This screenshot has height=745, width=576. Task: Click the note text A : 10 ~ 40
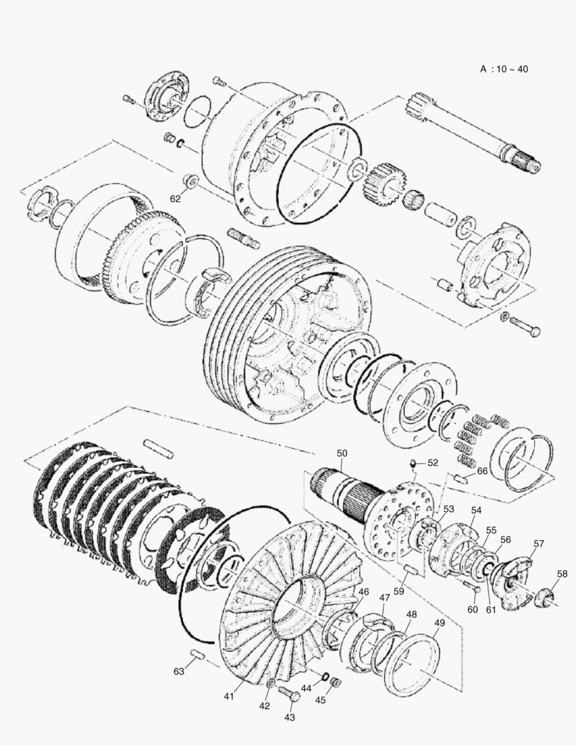(504, 69)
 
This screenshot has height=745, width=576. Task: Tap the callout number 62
(176, 199)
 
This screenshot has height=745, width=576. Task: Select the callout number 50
(343, 453)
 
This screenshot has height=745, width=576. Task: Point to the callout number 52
(433, 463)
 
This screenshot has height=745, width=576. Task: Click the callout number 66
(482, 471)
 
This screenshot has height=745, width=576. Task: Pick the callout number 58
(562, 573)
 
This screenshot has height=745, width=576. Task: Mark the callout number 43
(289, 717)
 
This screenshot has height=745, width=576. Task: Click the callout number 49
(439, 622)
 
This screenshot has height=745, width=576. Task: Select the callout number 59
(398, 591)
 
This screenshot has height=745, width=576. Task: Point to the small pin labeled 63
(196, 654)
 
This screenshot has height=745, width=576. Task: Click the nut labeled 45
(336, 683)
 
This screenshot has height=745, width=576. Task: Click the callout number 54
(476, 510)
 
